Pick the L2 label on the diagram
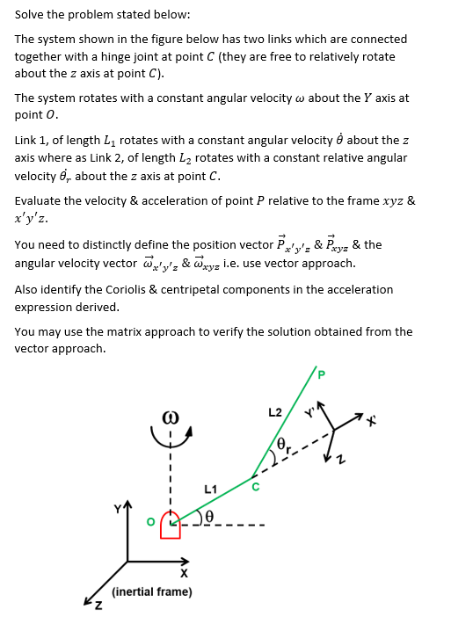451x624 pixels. tap(275, 412)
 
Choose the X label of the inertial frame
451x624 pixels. tap(183, 573)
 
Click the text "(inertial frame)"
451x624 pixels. tap(152, 591)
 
